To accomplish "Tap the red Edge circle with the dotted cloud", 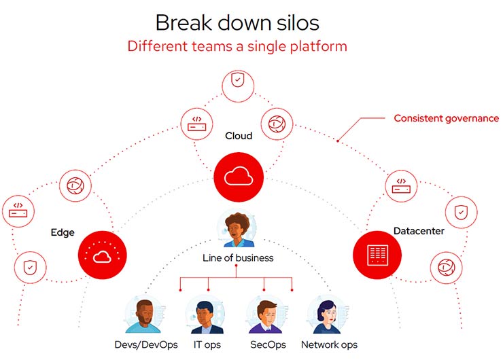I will [103, 255].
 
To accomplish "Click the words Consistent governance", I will [446, 118].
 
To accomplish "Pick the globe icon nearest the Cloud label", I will [276, 123].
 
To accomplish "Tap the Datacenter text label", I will [419, 231].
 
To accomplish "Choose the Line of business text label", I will [238, 258].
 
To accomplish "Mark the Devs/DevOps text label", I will [145, 345].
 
